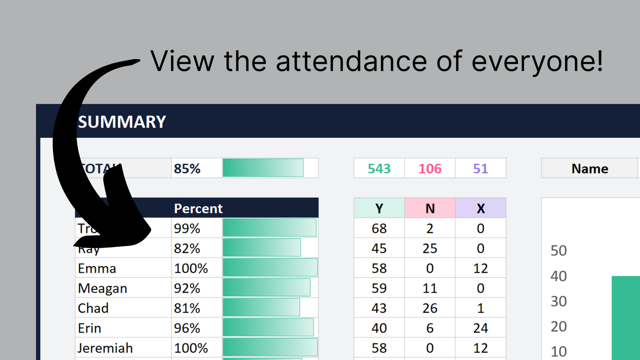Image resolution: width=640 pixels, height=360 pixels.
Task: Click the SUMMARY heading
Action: click(122, 122)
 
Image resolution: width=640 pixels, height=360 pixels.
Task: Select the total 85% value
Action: click(187, 168)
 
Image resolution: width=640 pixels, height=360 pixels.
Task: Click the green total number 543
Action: click(379, 169)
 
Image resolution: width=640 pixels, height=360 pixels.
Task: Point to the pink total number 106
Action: click(430, 169)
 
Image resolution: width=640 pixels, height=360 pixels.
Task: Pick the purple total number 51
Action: click(480, 169)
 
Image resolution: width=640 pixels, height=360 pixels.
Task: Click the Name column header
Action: click(590, 169)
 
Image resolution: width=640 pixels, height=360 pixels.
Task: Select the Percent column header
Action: click(198, 208)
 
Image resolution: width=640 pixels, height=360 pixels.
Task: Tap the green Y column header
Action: click(379, 208)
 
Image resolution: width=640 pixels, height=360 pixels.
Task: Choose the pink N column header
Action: click(430, 208)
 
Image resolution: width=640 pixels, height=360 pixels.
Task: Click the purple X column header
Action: click(481, 208)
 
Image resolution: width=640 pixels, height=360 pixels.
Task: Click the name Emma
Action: click(97, 268)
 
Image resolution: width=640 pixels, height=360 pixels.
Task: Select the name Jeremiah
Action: click(105, 348)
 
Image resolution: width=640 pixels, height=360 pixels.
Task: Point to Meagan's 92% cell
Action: click(187, 288)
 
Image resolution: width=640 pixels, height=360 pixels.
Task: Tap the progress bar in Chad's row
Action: click(261, 308)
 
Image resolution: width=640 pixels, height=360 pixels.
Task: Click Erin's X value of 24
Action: click(481, 328)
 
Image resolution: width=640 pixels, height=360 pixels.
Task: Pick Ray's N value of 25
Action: click(430, 248)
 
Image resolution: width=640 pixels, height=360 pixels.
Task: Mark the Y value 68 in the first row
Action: click(379, 228)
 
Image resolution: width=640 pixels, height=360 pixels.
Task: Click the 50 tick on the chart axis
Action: click(559, 250)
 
